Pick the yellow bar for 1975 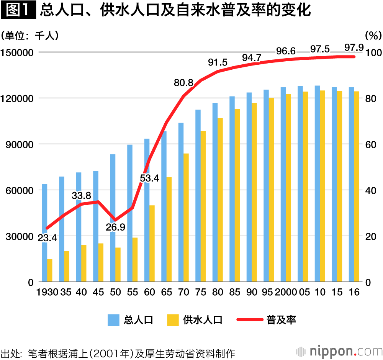pos(203,206)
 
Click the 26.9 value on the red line pos(115,227)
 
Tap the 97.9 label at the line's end pos(354,48)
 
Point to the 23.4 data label pos(47,238)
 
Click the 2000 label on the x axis pos(286,292)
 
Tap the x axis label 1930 pos(47,292)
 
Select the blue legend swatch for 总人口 pos(113,320)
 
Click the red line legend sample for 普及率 pos(249,320)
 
